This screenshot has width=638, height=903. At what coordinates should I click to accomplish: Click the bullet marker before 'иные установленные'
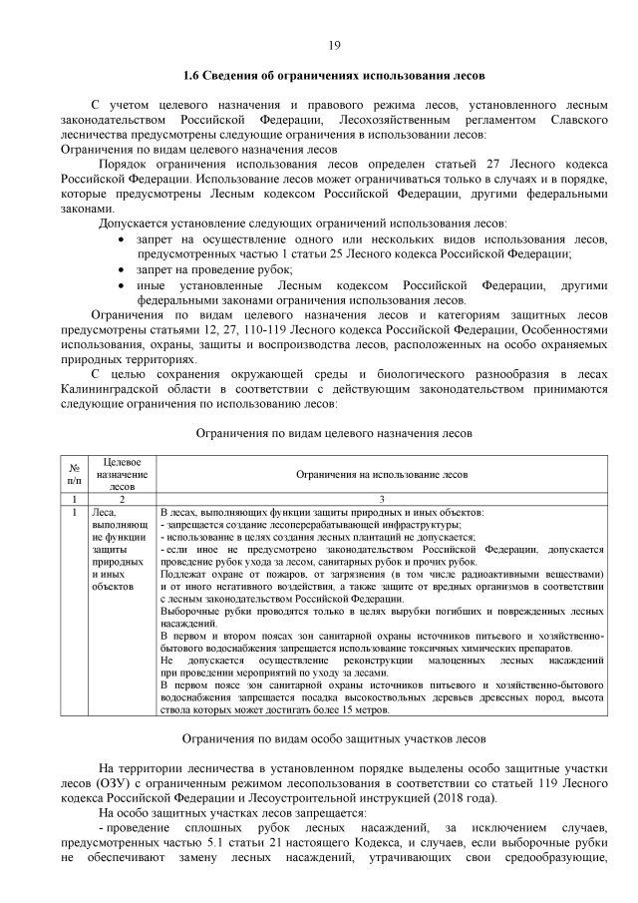tap(123, 285)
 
